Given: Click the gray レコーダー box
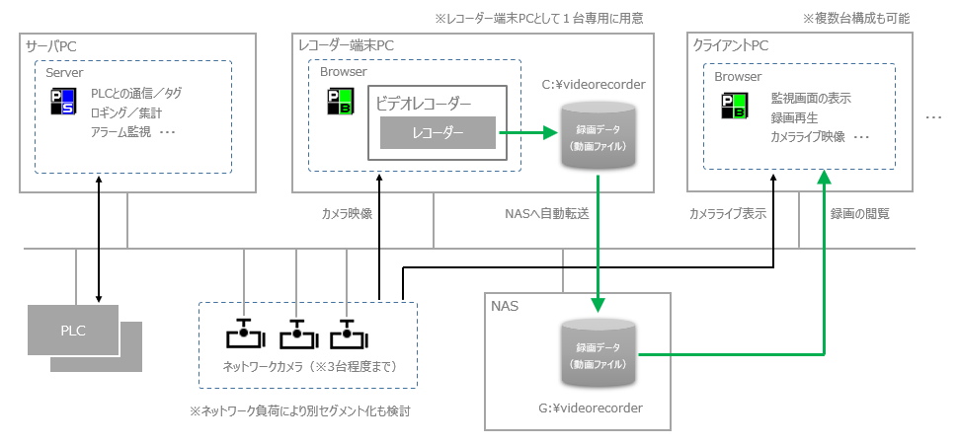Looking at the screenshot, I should [x=438, y=132].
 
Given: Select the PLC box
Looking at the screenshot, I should [x=73, y=330].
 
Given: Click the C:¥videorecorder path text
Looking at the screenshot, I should [x=594, y=85].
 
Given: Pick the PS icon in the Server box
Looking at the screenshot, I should [x=62, y=102].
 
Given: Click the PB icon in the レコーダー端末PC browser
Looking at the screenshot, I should [x=339, y=102].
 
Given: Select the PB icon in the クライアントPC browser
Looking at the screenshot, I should [x=733, y=107].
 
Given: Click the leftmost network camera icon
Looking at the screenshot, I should [x=244, y=334].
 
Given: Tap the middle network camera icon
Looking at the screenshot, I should [x=295, y=334].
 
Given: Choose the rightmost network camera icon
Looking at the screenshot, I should [x=347, y=334].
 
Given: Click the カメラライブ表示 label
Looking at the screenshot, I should [x=728, y=213].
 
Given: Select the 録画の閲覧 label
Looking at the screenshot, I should [x=859, y=213].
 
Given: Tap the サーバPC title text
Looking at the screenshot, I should [x=50, y=45].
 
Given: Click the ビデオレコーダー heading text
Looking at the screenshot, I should [x=423, y=103].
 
